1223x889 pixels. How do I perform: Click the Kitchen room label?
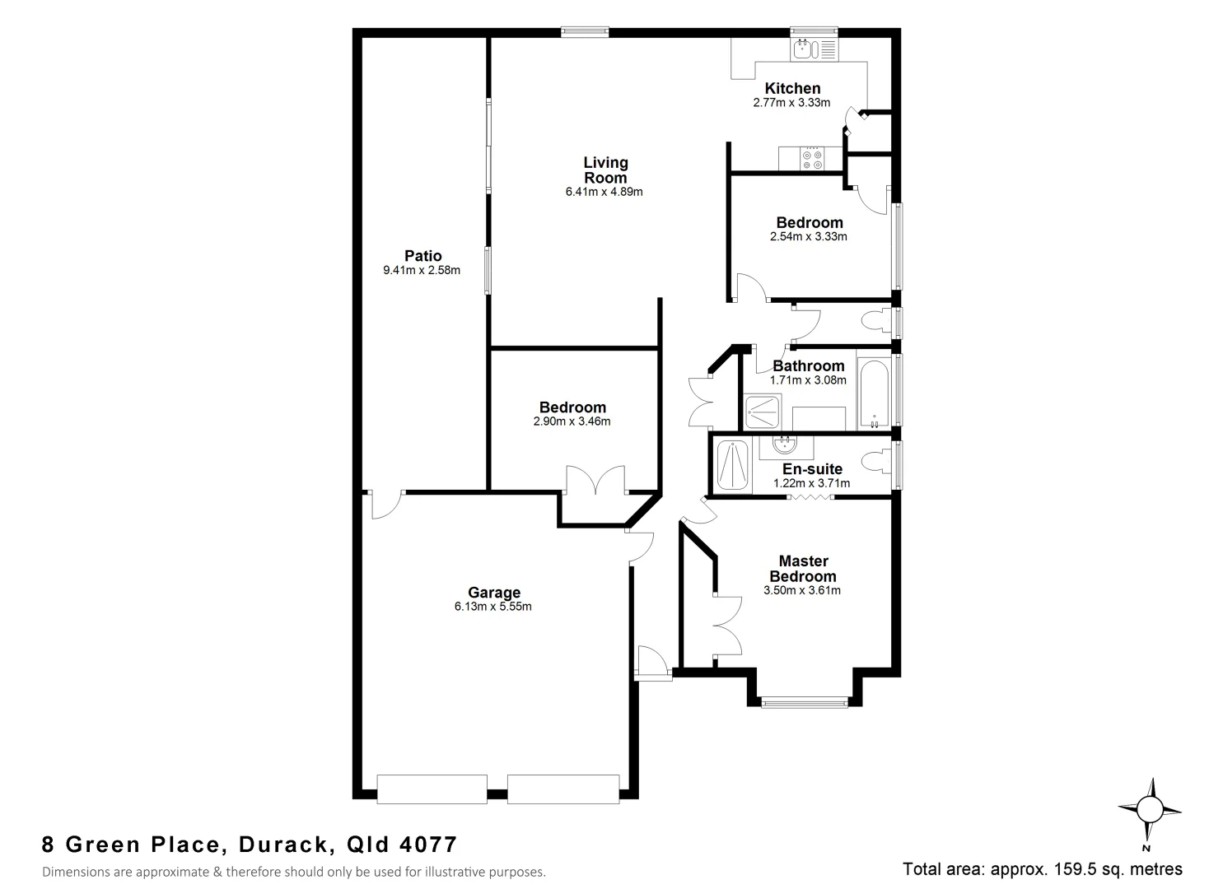[x=792, y=88]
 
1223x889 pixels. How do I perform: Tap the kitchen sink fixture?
[x=803, y=50]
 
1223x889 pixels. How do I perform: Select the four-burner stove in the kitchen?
[x=812, y=159]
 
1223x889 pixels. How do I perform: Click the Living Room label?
[x=605, y=170]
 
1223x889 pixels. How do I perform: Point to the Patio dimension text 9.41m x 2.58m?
[x=422, y=270]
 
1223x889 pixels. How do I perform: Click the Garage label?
[x=494, y=592]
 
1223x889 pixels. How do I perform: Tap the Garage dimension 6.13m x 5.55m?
[x=492, y=607]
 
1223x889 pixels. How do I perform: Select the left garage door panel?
[x=432, y=789]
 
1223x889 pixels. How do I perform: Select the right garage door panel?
[x=563, y=789]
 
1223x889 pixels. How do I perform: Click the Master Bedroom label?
[x=802, y=569]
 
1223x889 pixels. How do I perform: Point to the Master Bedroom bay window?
[x=804, y=702]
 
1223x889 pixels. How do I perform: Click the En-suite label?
[x=812, y=469]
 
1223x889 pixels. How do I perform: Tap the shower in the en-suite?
[x=732, y=466]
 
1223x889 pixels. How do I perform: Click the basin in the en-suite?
[x=785, y=447]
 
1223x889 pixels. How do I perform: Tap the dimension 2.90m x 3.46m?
[x=572, y=421]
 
